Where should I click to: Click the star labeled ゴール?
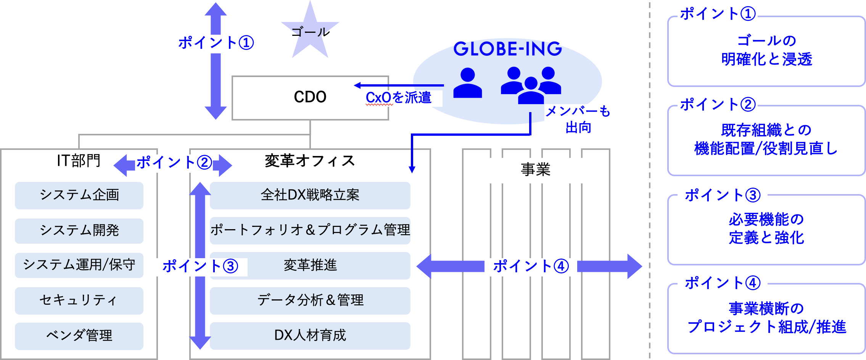(310, 32)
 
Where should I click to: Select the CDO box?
(310, 97)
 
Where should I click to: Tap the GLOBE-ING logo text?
(507, 49)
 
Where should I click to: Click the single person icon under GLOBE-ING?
(467, 83)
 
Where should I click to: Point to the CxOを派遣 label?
(398, 98)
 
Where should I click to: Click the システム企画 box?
(79, 195)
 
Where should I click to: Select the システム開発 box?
(79, 231)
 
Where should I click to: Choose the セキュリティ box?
(79, 301)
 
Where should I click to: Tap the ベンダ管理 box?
(79, 336)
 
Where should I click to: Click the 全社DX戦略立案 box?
(310, 195)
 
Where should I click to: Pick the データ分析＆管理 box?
(310, 301)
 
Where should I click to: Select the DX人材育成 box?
(310, 336)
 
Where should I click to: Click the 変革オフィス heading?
(310, 161)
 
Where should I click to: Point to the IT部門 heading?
(79, 161)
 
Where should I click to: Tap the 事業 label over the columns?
(536, 169)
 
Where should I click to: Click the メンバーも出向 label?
(578, 119)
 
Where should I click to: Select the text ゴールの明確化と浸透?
(766, 50)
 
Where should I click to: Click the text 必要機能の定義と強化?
(766, 229)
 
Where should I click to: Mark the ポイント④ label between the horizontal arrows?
(531, 266)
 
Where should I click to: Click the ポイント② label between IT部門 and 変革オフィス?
(174, 163)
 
